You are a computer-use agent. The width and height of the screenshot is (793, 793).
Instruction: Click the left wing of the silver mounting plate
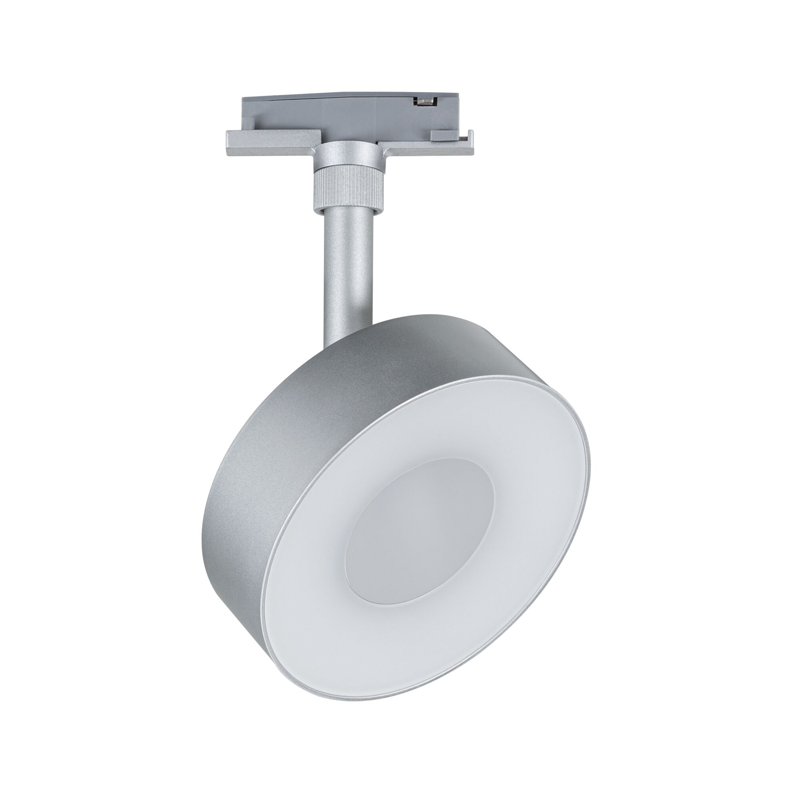pos(271,144)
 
